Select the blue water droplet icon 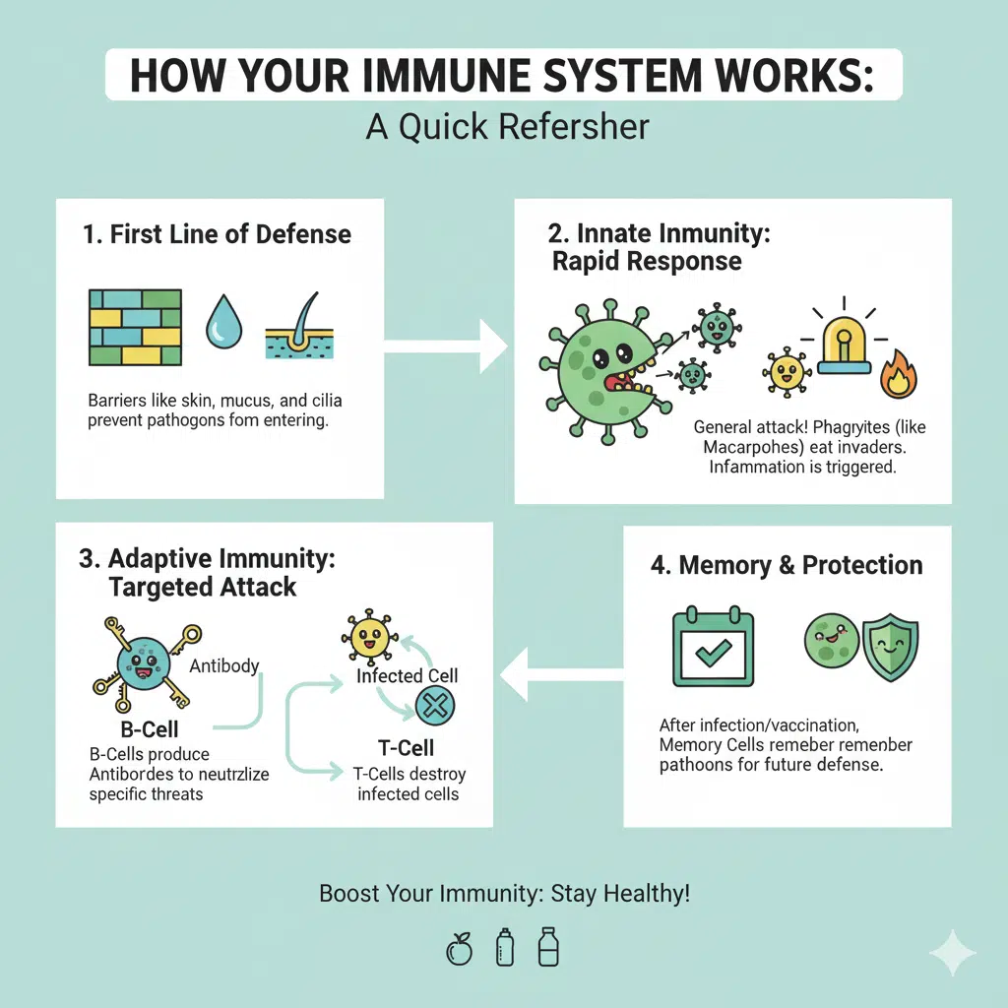(223, 323)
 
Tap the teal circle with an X (435, 706)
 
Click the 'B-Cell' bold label (150, 729)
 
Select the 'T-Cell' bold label (407, 747)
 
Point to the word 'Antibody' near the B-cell (224, 666)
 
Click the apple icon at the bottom (459, 949)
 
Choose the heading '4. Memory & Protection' (787, 565)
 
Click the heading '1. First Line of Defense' (217, 234)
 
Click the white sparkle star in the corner (952, 951)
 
